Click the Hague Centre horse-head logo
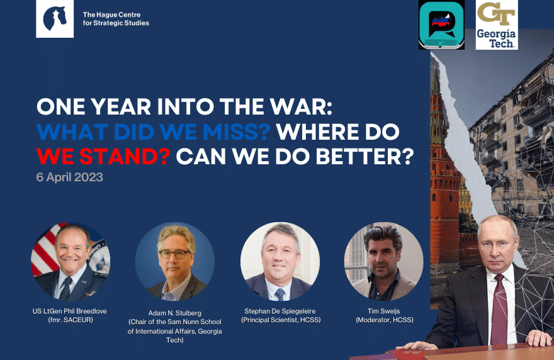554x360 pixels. [x=55, y=19]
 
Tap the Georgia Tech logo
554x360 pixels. [x=497, y=25]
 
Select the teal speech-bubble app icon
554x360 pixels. [x=441, y=25]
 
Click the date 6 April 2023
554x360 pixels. [x=70, y=177]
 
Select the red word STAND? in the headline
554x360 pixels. [x=125, y=157]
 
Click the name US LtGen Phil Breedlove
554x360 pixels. [x=70, y=312]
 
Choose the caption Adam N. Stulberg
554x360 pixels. [x=174, y=313]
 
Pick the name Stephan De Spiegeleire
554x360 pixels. [x=280, y=312]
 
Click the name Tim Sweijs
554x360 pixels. [x=383, y=312]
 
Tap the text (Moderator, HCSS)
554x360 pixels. [x=385, y=320]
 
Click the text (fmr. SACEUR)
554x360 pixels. [x=71, y=320]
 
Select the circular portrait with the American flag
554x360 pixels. [x=71, y=261]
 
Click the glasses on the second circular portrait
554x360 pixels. [x=174, y=254]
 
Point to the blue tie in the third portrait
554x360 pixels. [x=280, y=294]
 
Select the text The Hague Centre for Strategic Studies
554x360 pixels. [x=116, y=19]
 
